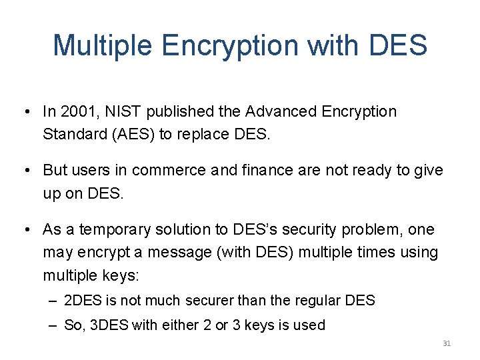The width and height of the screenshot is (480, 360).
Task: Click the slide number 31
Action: pos(447,343)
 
